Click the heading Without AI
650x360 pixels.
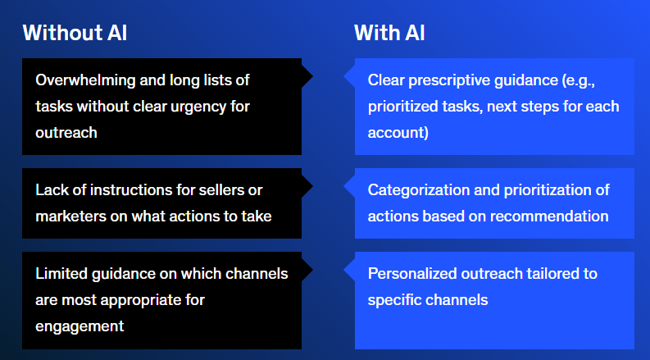[75, 32]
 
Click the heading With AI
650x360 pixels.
[389, 32]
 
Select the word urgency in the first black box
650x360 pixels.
[193, 107]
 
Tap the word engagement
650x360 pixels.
[80, 327]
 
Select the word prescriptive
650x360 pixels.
[449, 80]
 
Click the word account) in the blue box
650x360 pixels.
[398, 133]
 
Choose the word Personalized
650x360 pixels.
[412, 274]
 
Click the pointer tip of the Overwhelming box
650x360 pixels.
[312, 76]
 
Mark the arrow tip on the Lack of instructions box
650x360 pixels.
[312, 186]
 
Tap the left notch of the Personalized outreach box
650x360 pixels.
[343, 270]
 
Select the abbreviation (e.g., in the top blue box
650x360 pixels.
[579, 80]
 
